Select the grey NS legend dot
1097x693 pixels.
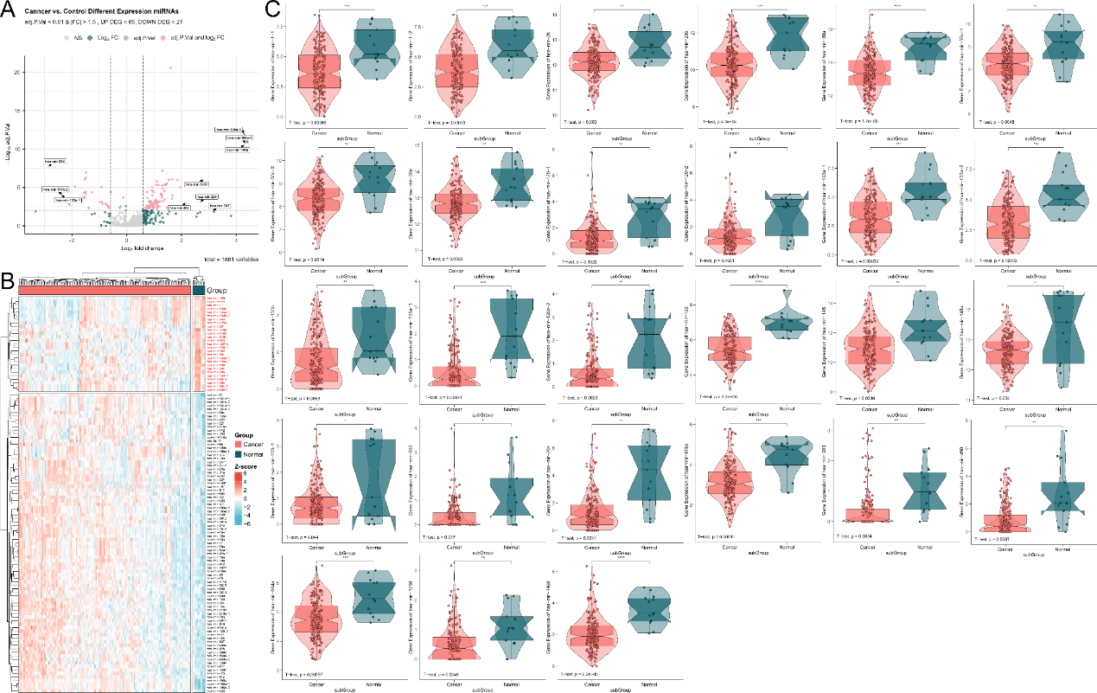(x=67, y=38)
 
